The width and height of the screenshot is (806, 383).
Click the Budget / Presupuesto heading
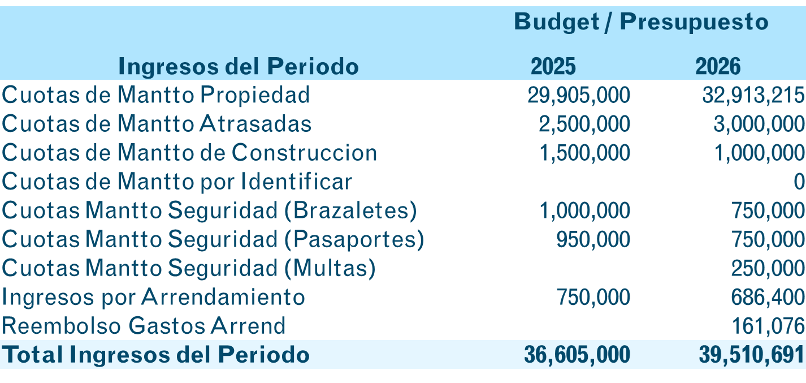641,22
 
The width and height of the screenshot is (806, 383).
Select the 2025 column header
553,67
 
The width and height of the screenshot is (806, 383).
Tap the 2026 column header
717,67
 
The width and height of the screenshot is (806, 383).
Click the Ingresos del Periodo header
239,67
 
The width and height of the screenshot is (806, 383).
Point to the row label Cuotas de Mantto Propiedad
156,95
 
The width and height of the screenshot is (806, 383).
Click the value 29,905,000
579,95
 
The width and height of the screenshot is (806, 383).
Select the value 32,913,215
753,95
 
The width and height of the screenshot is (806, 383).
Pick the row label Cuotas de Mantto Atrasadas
157,124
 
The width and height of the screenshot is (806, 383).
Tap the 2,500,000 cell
584,124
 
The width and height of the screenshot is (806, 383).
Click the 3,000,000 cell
759,124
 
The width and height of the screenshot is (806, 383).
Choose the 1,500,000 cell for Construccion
584,153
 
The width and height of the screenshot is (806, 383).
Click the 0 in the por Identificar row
799,182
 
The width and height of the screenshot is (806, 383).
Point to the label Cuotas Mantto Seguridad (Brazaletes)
210,210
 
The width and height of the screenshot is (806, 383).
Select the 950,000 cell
593,239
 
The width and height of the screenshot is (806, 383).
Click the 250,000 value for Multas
768,268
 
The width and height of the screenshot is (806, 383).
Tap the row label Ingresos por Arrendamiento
154,297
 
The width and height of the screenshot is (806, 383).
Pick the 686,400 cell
768,297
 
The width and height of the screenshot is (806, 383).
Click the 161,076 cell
768,326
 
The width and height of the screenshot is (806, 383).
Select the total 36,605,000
577,355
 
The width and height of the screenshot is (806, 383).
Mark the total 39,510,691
752,355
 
